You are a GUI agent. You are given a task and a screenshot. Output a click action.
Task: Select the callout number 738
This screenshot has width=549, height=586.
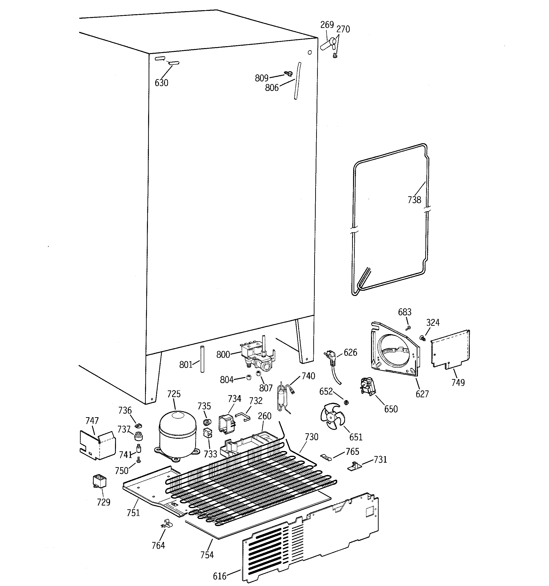click(x=414, y=200)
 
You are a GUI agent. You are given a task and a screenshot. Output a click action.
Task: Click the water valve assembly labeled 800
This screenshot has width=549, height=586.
click(x=257, y=356)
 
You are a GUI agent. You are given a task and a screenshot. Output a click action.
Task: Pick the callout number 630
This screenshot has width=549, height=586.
click(x=161, y=83)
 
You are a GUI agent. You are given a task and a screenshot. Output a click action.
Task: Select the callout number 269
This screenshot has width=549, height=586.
click(x=327, y=25)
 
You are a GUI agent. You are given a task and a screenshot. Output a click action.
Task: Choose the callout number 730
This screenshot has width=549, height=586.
click(x=311, y=437)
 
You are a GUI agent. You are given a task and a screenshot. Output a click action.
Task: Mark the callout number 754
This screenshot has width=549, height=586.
click(x=207, y=555)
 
